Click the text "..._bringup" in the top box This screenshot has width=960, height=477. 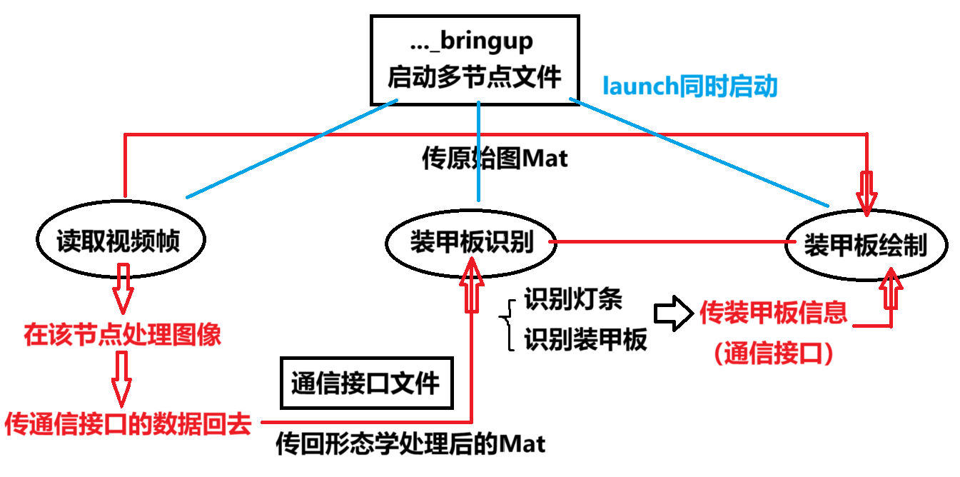pyautogui.click(x=472, y=41)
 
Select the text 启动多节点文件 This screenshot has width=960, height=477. pyautogui.click(x=474, y=76)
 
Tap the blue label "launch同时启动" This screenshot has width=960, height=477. pyautogui.click(x=689, y=86)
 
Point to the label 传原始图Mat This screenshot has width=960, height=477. pyautogui.click(x=495, y=159)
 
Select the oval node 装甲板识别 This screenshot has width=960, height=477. pyautogui.click(x=471, y=243)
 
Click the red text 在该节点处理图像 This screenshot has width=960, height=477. pyautogui.click(x=122, y=335)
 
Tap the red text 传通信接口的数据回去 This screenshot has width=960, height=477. pyautogui.click(x=128, y=425)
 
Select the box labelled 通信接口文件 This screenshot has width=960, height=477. pyautogui.click(x=365, y=384)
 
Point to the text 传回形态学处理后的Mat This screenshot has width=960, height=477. pyautogui.click(x=410, y=444)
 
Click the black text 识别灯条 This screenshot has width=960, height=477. pyautogui.click(x=573, y=299)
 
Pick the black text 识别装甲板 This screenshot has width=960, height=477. pyautogui.click(x=585, y=339)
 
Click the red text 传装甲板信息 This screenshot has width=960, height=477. pyautogui.click(x=773, y=312)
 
